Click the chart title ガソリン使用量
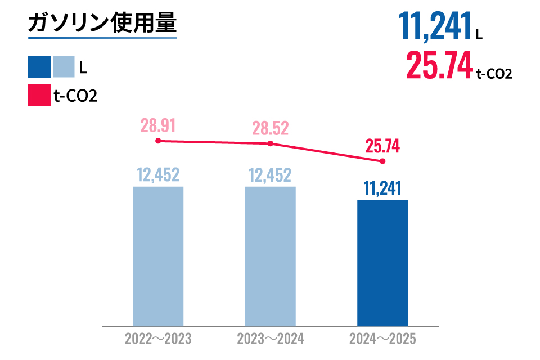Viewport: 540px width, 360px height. [x=102, y=24]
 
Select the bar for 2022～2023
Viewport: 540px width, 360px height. [x=158, y=256]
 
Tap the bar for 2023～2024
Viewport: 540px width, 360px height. [x=270, y=256]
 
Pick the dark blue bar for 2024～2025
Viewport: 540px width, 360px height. [x=382, y=263]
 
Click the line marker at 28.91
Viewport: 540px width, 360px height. [x=158, y=141]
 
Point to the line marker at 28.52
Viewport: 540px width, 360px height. [x=270, y=143]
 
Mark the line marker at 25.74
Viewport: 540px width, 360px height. [x=382, y=161]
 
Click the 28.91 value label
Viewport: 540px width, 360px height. [x=158, y=125]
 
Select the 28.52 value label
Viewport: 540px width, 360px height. [x=270, y=128]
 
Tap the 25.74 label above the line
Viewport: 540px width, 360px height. [x=382, y=146]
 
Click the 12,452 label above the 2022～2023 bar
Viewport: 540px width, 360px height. [x=158, y=175]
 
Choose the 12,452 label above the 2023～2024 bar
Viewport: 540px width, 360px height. [x=270, y=175]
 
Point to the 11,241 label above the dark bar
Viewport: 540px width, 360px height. [x=382, y=188]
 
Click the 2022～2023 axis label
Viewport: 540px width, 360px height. [x=158, y=339]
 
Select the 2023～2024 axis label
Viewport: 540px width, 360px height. [x=270, y=339]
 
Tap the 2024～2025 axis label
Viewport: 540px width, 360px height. [x=382, y=339]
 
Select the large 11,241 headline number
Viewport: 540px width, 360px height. [x=434, y=26]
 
